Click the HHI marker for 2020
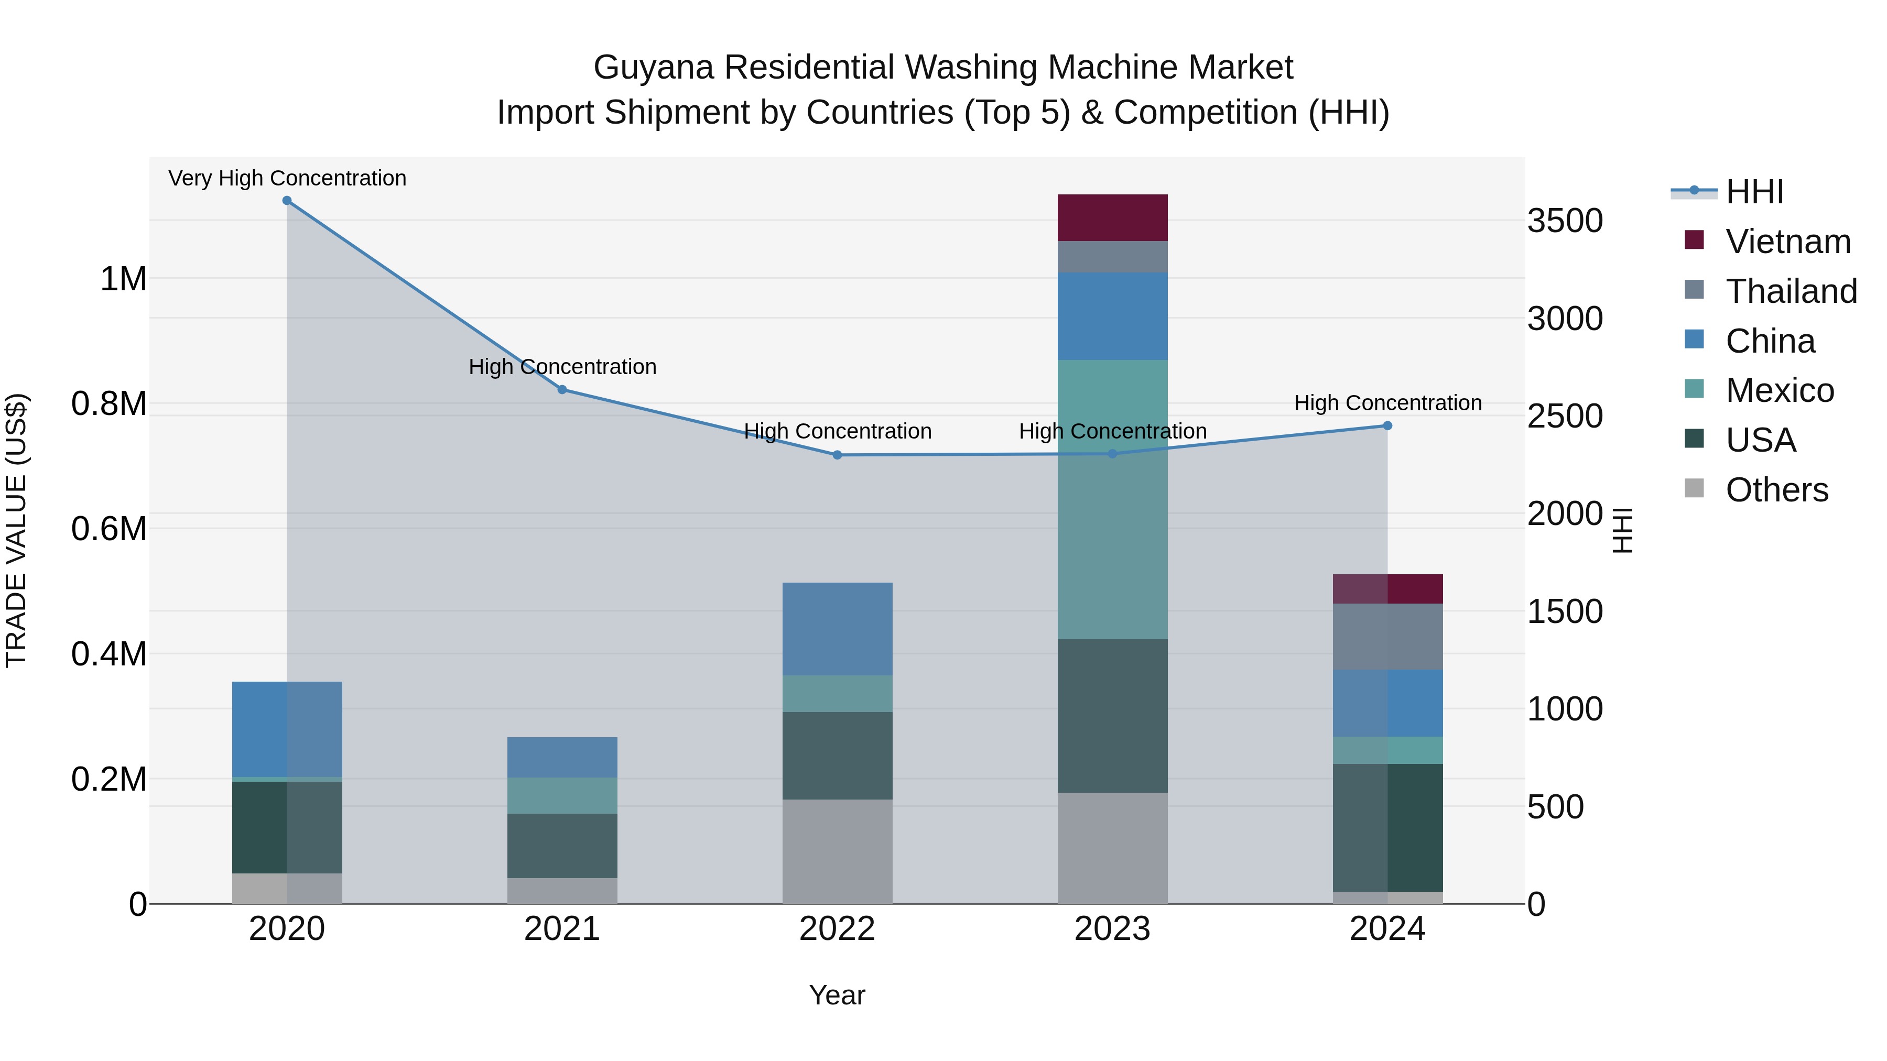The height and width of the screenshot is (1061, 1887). point(287,201)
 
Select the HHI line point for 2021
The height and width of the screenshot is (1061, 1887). point(562,389)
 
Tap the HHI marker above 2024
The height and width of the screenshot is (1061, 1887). point(1387,425)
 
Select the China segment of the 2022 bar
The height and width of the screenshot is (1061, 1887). point(837,628)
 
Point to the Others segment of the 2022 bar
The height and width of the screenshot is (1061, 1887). point(837,851)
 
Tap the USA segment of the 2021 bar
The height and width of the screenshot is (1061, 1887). point(562,845)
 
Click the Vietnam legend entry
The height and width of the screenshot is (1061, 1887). point(1787,242)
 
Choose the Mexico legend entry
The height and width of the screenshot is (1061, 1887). point(1780,390)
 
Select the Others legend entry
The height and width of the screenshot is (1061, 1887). point(1776,490)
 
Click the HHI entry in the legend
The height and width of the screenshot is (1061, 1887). point(1754,192)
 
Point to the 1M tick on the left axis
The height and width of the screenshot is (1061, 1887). point(123,279)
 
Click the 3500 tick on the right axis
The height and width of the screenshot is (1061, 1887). point(1565,221)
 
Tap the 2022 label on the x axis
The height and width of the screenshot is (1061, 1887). point(837,929)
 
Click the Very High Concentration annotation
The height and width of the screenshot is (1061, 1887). point(287,178)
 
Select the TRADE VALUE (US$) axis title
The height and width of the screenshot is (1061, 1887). point(16,530)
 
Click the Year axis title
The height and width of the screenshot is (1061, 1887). point(837,995)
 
